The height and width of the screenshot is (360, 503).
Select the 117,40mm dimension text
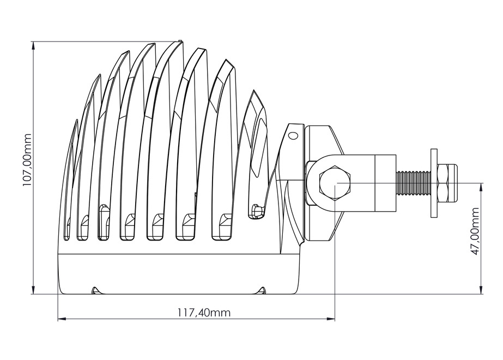[x=203, y=313]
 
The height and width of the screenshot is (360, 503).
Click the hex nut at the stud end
[x=448, y=183]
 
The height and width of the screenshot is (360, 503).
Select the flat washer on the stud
[x=434, y=183]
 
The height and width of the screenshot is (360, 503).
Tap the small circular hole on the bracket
[x=293, y=135]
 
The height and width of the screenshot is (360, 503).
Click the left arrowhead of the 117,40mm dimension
[x=60, y=319]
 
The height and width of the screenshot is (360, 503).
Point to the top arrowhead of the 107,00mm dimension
[x=33, y=44]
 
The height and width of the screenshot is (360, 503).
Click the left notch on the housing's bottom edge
[x=95, y=290]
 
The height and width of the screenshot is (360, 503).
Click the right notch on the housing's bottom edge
[x=263, y=290]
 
